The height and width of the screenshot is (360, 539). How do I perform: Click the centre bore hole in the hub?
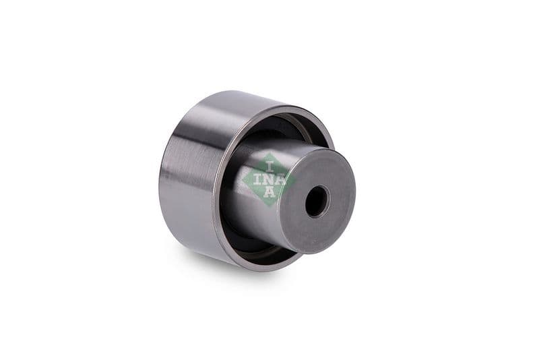[x=316, y=201]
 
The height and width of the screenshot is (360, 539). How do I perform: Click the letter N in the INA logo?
[x=269, y=179]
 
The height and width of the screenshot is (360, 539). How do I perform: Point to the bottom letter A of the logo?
[x=269, y=194]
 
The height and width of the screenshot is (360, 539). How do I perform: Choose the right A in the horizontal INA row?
[x=283, y=179]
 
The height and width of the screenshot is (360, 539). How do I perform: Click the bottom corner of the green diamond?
[x=269, y=207]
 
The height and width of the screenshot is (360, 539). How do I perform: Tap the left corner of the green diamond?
[x=242, y=179]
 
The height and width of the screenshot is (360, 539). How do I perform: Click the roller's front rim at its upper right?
[x=317, y=121]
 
